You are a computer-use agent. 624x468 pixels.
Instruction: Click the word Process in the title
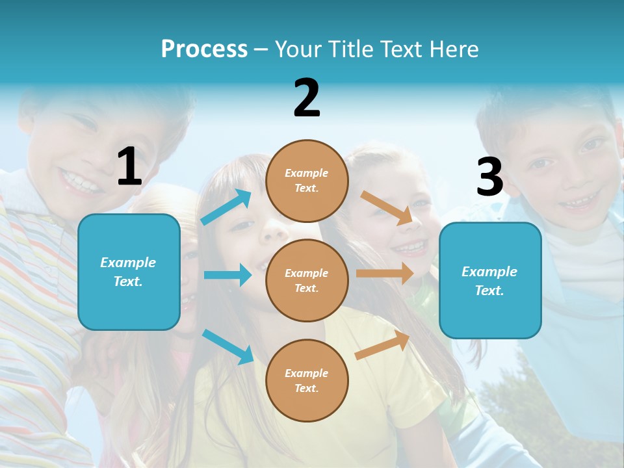click(204, 49)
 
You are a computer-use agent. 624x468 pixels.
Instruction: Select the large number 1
click(129, 167)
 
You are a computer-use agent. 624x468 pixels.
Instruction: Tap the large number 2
click(307, 98)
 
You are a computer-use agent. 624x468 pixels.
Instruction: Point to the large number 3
click(489, 177)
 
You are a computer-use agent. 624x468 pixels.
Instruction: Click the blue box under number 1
click(129, 272)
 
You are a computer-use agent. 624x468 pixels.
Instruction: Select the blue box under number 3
click(490, 280)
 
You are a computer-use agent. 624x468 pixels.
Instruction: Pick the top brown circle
click(307, 180)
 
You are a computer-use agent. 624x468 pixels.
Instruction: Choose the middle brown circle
click(307, 280)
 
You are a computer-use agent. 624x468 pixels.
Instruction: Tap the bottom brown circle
click(307, 380)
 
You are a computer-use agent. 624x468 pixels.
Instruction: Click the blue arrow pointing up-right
click(226, 207)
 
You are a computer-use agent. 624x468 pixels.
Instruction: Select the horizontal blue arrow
click(227, 275)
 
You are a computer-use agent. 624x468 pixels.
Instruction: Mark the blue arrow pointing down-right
click(227, 346)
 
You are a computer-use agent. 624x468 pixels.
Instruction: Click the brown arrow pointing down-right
click(386, 207)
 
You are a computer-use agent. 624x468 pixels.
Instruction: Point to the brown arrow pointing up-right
click(382, 345)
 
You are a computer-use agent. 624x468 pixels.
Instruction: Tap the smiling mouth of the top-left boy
click(81, 179)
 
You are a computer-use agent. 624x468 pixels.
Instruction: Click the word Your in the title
click(296, 49)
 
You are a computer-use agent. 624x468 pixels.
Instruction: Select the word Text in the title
click(402, 49)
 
